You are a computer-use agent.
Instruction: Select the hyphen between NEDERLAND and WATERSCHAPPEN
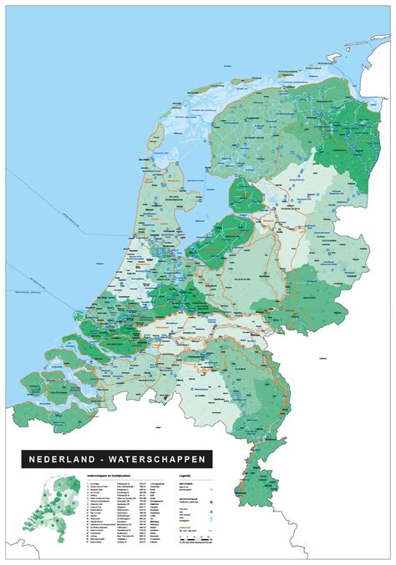point(107,459)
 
